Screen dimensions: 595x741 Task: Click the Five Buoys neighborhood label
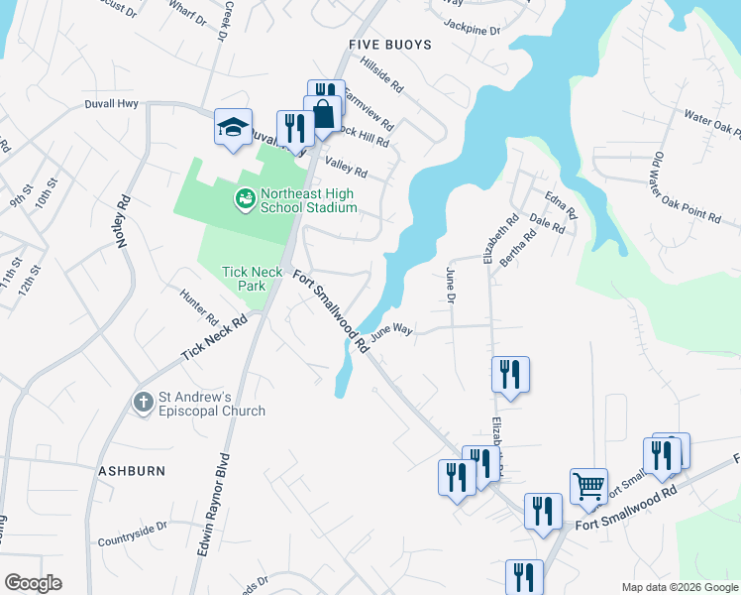tap(389, 46)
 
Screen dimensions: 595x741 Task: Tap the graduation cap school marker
tap(234, 128)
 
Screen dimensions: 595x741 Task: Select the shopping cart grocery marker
tap(588, 487)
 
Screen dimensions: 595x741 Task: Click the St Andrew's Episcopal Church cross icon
tap(143, 402)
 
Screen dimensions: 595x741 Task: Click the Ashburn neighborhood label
tap(131, 470)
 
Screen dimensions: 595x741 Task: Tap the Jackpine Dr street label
tap(473, 29)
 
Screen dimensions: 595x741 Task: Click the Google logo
tap(33, 583)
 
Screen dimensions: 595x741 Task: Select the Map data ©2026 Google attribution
tap(680, 586)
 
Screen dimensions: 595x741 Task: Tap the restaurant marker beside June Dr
tap(510, 374)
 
